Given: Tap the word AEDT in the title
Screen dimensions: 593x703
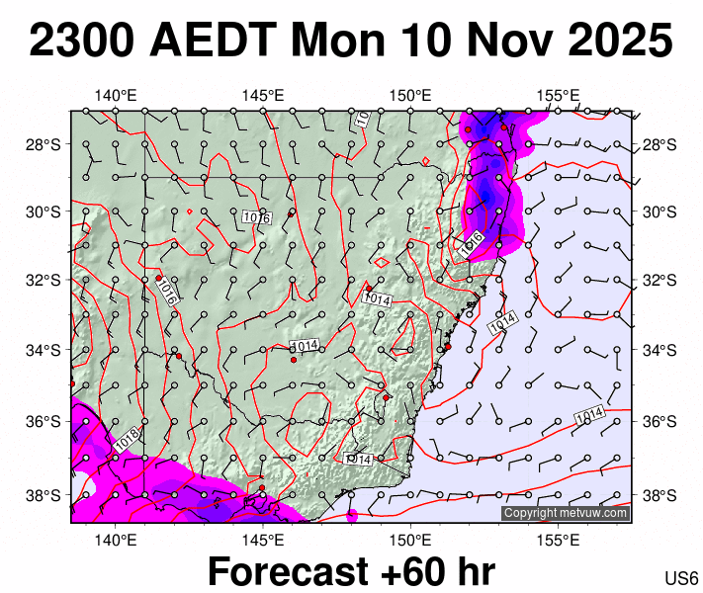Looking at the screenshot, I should tap(215, 42).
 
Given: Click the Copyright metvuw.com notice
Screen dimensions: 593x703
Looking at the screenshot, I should tap(565, 513).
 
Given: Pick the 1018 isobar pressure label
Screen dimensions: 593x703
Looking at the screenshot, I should tap(126, 440).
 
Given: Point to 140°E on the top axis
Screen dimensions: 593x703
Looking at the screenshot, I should tap(116, 96).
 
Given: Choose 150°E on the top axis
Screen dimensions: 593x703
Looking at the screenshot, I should tap(409, 96).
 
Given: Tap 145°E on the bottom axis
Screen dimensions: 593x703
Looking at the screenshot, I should tap(263, 539).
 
